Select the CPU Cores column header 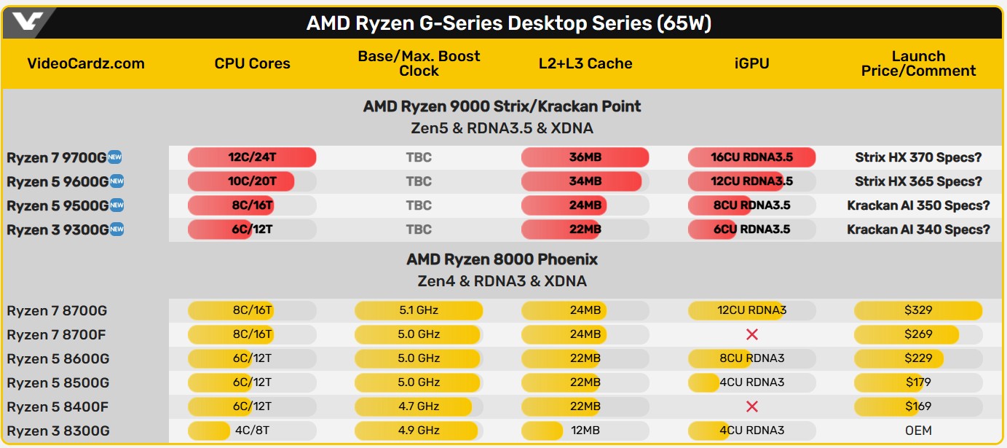[x=252, y=63]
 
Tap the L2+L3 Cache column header [x=585, y=63]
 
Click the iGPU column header [x=751, y=63]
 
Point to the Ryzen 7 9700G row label [x=57, y=158]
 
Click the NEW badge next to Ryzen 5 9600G [x=117, y=181]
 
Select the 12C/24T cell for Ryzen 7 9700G [x=252, y=157]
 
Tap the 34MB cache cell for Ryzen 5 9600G [x=585, y=181]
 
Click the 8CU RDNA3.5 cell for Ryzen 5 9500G [x=751, y=205]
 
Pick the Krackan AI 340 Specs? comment [x=918, y=229]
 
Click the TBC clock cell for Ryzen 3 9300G [x=419, y=229]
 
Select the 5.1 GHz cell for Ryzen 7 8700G [x=419, y=310]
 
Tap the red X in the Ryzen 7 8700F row [x=752, y=334]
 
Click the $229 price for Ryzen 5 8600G [x=918, y=358]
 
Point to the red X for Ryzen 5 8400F [x=752, y=406]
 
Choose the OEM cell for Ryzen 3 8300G [x=918, y=431]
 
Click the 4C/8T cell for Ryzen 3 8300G [x=252, y=431]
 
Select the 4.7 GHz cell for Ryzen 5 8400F [x=419, y=406]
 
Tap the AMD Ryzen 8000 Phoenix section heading [x=502, y=259]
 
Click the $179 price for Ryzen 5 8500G [x=918, y=382]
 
